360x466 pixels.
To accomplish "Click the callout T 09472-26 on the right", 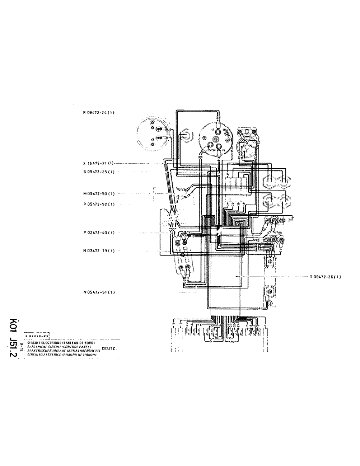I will tap(325, 277).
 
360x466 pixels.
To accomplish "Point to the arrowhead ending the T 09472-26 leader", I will tap(236, 277).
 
